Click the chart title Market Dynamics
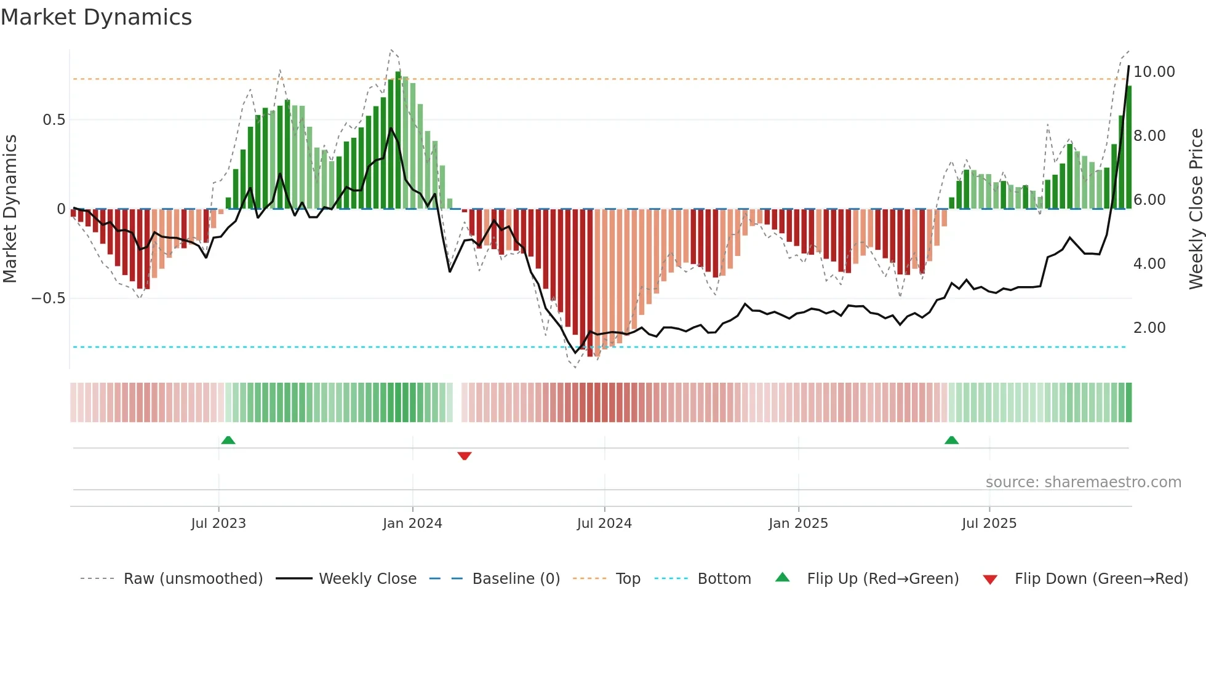(97, 17)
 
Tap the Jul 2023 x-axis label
(218, 524)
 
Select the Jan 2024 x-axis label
(412, 524)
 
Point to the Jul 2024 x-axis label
(604, 524)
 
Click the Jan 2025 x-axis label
(798, 524)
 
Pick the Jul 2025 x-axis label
(989, 524)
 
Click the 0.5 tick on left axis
(54, 120)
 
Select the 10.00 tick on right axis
(1154, 72)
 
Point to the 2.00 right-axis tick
(1149, 328)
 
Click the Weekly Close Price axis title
(1196, 209)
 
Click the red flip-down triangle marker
(465, 456)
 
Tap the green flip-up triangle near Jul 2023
(228, 440)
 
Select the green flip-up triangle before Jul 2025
(951, 440)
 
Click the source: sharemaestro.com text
(1083, 482)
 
